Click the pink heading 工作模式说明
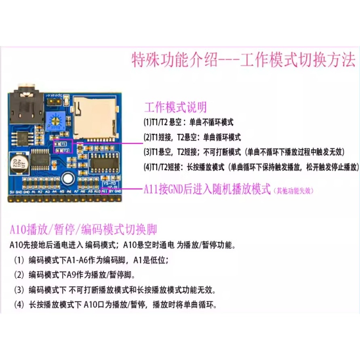click(175, 107)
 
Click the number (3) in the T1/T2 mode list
click(147, 152)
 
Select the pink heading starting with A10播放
click(83, 230)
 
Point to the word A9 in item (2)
click(73, 275)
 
